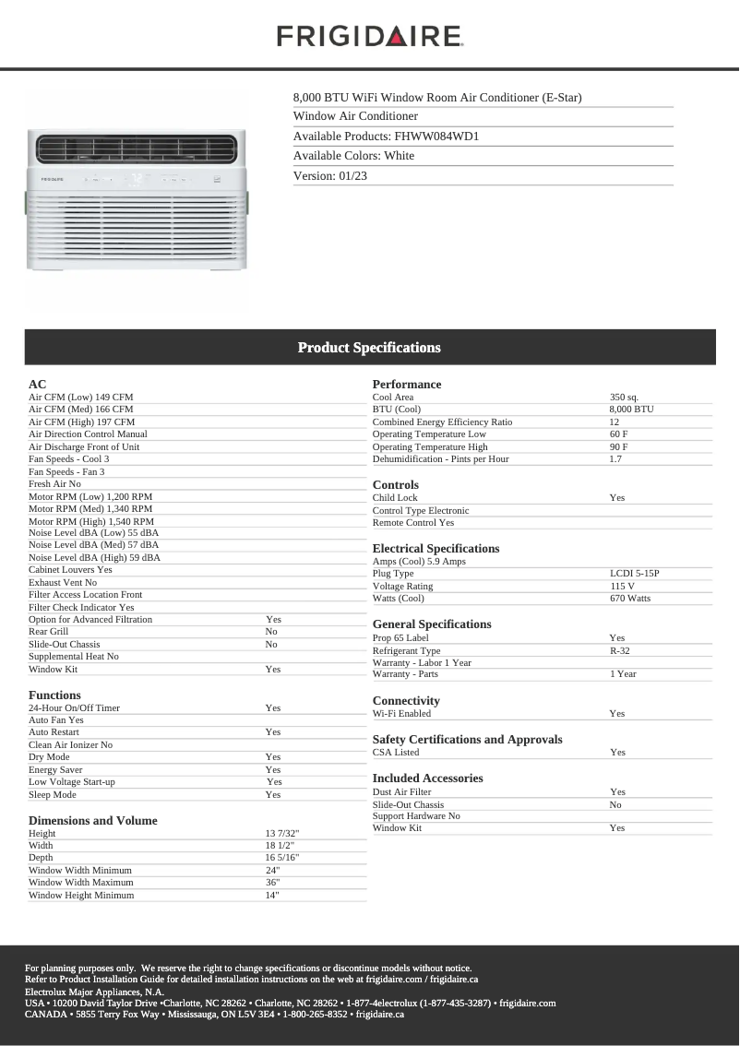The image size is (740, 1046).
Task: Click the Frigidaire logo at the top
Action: (369, 36)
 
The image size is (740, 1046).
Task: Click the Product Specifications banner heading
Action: (369, 348)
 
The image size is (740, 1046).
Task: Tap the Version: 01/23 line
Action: (330, 176)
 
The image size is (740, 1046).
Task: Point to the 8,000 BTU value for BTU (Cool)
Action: (631, 410)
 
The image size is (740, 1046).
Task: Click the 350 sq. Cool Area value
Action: (624, 398)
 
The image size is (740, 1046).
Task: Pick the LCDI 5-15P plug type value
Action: (635, 574)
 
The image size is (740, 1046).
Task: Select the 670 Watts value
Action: (630, 599)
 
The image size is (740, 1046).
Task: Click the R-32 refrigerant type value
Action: (620, 651)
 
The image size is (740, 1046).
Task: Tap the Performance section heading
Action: (407, 385)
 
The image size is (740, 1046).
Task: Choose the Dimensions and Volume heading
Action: (93, 821)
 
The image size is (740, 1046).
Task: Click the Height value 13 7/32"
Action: (282, 834)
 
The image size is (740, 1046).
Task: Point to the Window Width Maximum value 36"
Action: (273, 883)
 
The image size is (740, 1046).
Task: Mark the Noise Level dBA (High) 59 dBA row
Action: (94, 558)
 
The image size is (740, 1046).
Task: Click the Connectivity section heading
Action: (406, 701)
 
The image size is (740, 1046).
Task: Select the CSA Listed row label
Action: (396, 753)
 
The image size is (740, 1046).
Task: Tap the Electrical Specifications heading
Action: (436, 549)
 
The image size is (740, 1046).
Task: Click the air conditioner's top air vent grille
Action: (137, 149)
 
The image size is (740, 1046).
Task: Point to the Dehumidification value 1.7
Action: (615, 459)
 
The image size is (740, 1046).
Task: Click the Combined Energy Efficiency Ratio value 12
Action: (615, 422)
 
